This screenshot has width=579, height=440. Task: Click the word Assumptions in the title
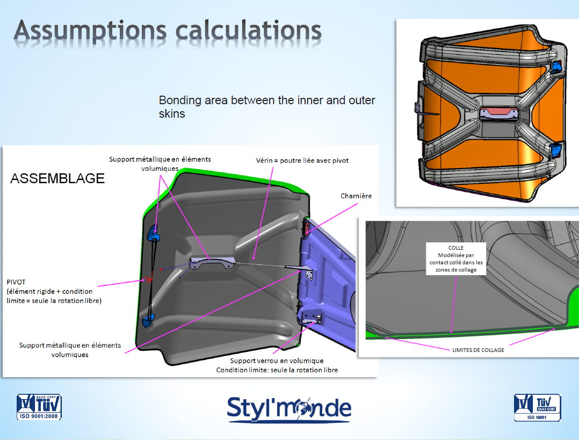[90, 31]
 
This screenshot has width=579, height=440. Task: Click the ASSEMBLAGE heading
[57, 178]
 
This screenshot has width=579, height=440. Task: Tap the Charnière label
[356, 196]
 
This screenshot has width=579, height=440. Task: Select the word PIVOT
[16, 282]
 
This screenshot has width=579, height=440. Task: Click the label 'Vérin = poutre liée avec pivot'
[302, 161]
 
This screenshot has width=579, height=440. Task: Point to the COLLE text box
[456, 258]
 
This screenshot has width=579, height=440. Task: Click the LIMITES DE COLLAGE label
[478, 350]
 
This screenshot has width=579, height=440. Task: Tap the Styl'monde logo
[289, 409]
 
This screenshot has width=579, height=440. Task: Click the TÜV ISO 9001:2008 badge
[39, 407]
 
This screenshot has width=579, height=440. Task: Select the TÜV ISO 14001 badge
[537, 407]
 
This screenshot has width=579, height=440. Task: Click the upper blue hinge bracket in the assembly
[154, 233]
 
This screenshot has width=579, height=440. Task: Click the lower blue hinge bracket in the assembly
[148, 320]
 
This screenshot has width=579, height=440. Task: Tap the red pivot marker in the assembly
[149, 278]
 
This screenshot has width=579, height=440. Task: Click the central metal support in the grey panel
[212, 263]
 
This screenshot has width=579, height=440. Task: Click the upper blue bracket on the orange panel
[557, 67]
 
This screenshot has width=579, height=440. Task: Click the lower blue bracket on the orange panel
[556, 150]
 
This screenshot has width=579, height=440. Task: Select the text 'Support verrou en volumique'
[277, 360]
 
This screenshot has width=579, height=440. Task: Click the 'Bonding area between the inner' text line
[267, 100]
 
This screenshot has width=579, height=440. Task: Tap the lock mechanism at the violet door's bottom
[312, 318]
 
